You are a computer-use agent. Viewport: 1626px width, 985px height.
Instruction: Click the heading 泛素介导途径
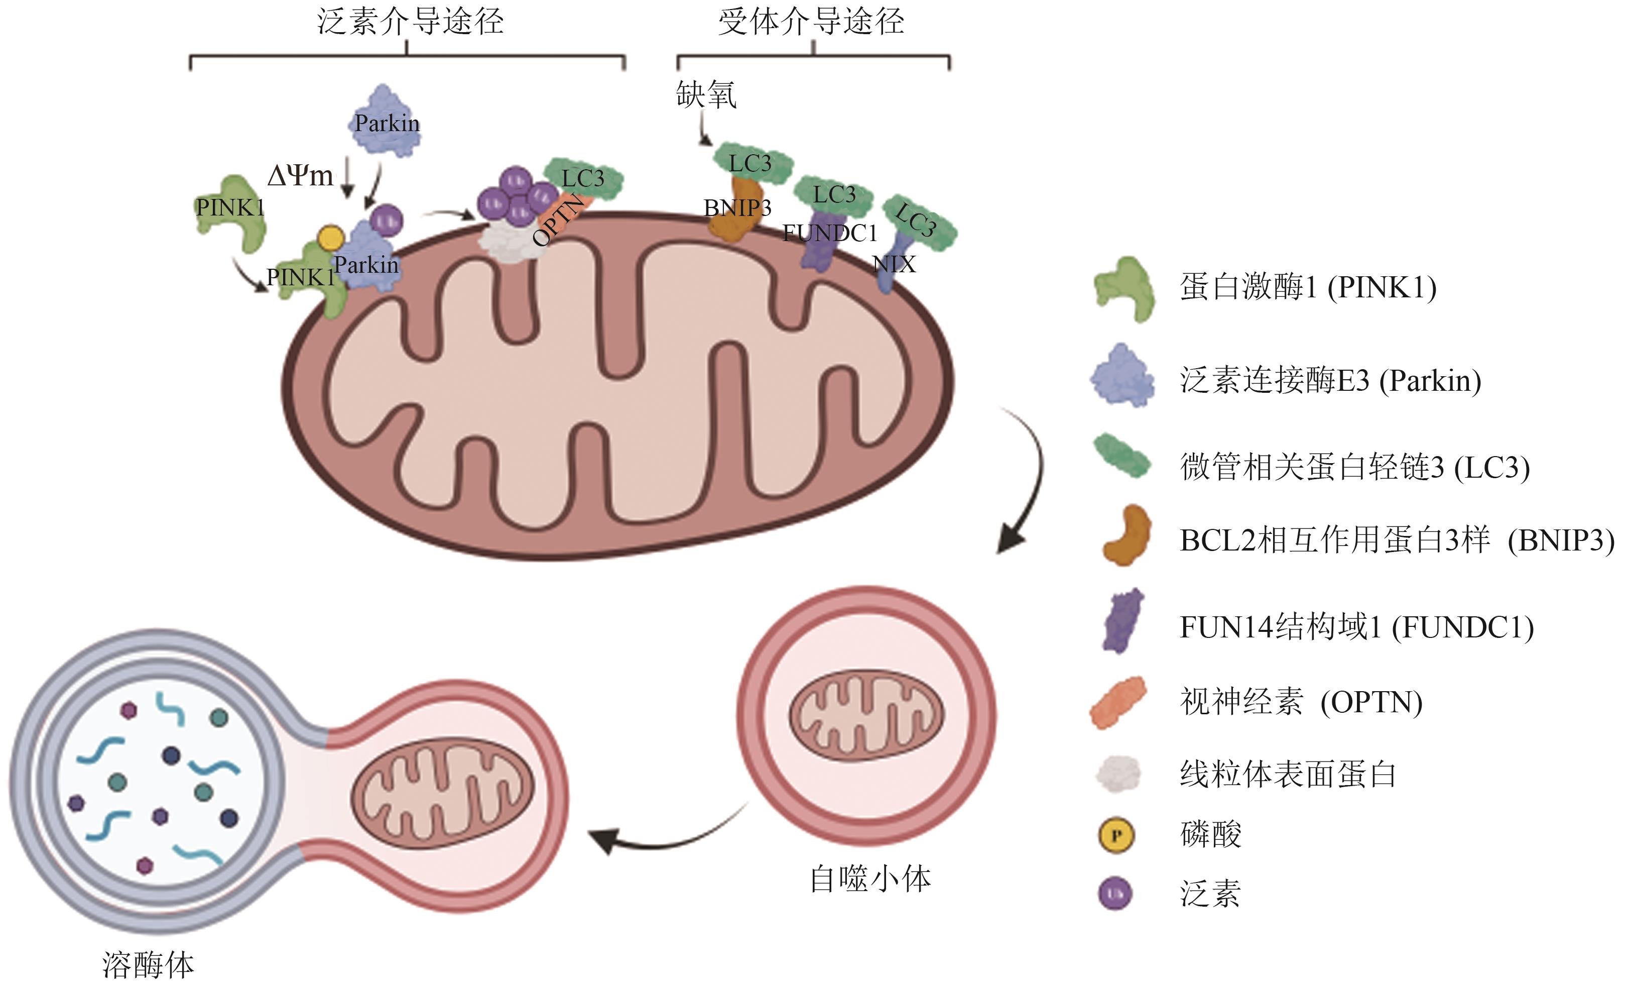410,21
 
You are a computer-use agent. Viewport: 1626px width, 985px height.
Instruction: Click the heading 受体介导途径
811,21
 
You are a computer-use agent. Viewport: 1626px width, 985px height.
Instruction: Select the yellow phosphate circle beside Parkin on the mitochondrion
331,237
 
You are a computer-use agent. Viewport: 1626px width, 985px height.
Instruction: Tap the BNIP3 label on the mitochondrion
737,208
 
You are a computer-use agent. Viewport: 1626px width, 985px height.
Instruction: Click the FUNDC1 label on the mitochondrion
829,233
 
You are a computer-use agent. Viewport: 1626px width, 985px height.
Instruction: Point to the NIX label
894,265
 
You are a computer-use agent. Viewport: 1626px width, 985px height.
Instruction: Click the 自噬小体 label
870,879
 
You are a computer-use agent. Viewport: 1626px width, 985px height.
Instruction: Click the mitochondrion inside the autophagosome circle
866,716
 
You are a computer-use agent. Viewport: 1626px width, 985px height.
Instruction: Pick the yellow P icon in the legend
1116,835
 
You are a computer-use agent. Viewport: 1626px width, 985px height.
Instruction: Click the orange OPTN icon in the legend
1118,702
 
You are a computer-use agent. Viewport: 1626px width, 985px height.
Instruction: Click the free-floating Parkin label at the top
387,123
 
